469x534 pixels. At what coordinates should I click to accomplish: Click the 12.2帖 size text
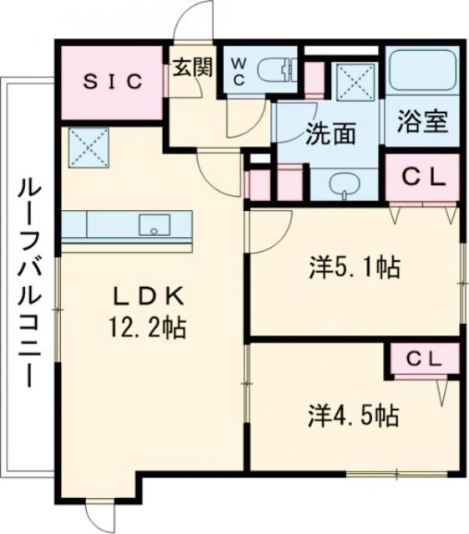pyautogui.click(x=147, y=328)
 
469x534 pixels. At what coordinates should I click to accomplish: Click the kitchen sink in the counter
pyautogui.click(x=154, y=224)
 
